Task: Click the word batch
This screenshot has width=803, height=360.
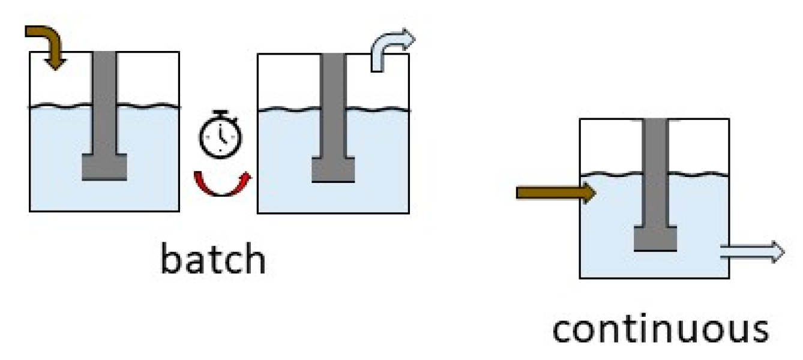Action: click(x=213, y=259)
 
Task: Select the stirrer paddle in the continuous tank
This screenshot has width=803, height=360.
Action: click(x=655, y=238)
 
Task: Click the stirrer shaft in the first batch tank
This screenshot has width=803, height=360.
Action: click(x=104, y=102)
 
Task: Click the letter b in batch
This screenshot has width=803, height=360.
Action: click(x=169, y=258)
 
